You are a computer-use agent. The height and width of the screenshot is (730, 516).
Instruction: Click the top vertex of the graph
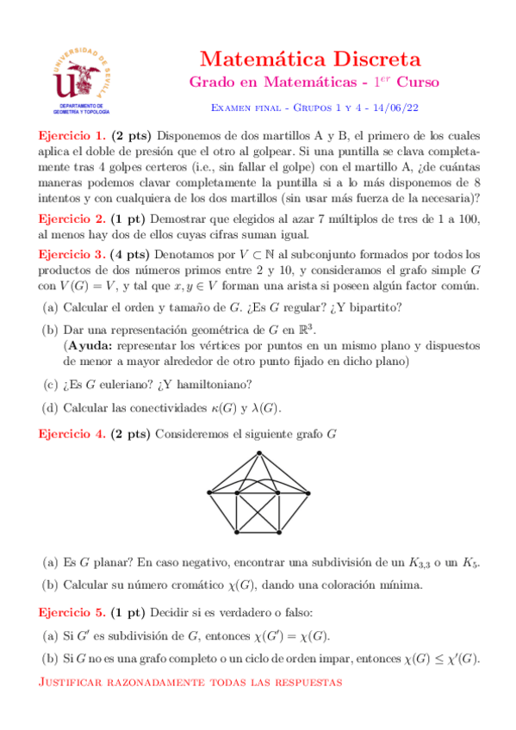click(x=259, y=454)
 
